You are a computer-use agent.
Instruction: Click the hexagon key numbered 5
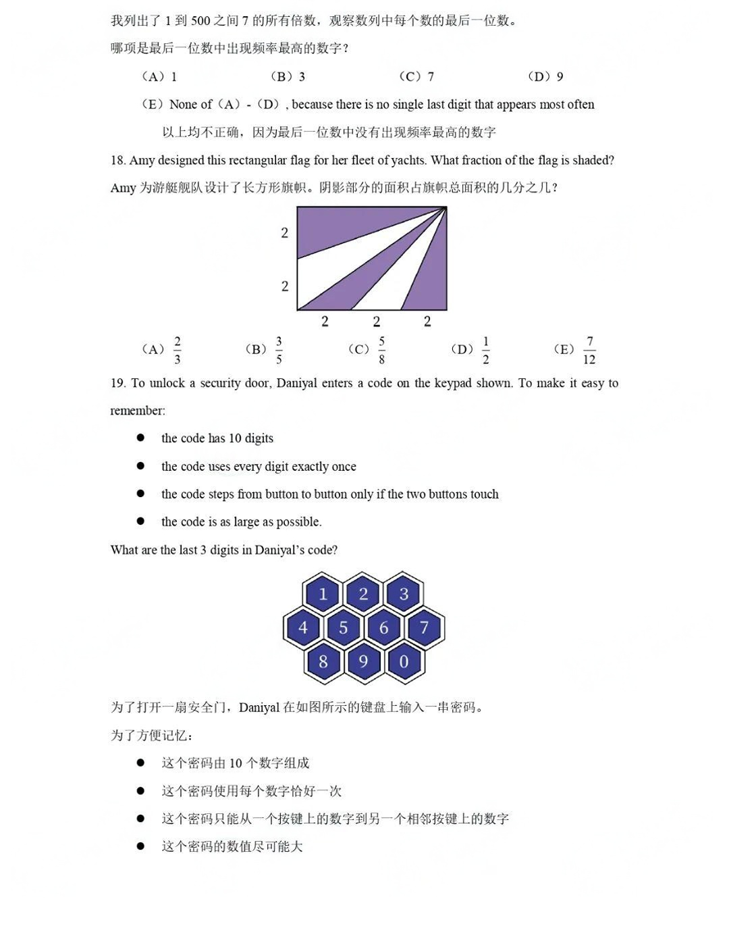coord(343,628)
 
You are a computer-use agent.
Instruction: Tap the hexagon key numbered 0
coord(404,661)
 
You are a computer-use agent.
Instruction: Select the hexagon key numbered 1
coord(323,594)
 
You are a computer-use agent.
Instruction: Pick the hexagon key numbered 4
coord(302,628)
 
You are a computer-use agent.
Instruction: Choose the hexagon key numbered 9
coord(363,661)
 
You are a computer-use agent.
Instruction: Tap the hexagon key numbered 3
coord(404,594)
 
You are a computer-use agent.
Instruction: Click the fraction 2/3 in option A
coord(177,350)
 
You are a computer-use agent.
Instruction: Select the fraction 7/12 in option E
coord(589,350)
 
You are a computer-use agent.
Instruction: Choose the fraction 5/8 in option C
coord(381,350)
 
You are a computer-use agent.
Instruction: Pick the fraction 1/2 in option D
coord(485,350)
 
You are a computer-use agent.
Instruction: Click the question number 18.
coord(117,160)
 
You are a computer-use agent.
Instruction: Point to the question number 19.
coord(117,383)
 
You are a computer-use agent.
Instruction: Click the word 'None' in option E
coord(183,104)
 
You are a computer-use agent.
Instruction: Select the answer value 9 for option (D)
coord(560,76)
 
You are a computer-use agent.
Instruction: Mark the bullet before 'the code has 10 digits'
coord(140,438)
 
